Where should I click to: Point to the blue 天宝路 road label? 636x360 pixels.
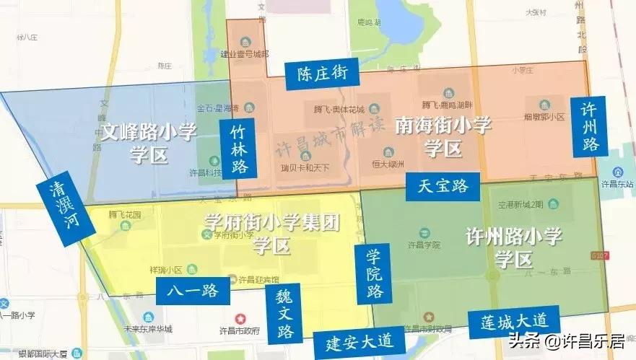(x=443, y=185)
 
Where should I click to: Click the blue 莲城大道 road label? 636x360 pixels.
(x=514, y=321)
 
